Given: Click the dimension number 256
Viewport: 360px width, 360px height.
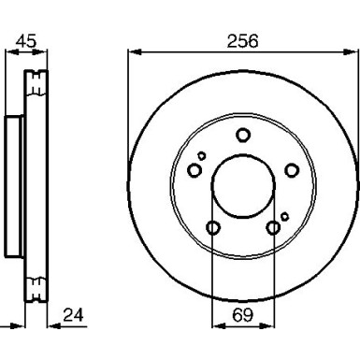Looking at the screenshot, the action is pyautogui.click(x=243, y=41).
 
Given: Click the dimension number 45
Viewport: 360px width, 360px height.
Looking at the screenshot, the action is pyautogui.click(x=26, y=41).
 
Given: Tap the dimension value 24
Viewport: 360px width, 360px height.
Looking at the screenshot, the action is pyautogui.click(x=73, y=315).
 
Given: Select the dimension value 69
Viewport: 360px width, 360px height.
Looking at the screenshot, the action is pyautogui.click(x=243, y=315).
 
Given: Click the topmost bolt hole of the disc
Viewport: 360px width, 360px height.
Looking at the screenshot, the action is pyautogui.click(x=243, y=135).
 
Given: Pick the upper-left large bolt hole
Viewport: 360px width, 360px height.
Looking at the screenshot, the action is pyautogui.click(x=194, y=170).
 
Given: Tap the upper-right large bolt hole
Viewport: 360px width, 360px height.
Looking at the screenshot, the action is pyautogui.click(x=292, y=170).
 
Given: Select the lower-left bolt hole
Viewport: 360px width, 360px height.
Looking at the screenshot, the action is pyautogui.click(x=213, y=227).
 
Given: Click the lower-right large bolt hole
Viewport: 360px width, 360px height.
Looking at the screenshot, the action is pyautogui.click(x=273, y=228).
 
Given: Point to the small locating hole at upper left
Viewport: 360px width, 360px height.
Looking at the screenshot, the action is pyautogui.click(x=202, y=155).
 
